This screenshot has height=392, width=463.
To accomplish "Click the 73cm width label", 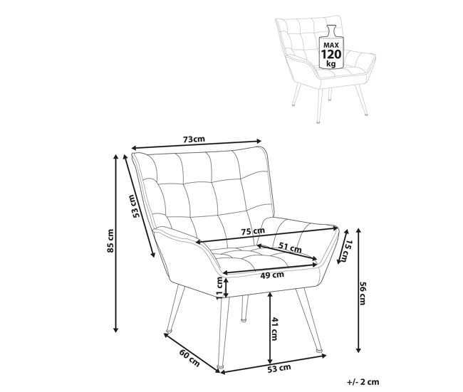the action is click(x=194, y=139).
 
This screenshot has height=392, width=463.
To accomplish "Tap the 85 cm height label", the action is click(x=110, y=240).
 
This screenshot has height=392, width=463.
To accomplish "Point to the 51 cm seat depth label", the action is click(x=290, y=248).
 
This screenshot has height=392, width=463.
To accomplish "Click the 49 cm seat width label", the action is click(x=272, y=275).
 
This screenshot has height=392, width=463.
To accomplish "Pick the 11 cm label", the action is click(x=219, y=288).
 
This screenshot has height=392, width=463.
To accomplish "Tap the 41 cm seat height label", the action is click(x=274, y=329).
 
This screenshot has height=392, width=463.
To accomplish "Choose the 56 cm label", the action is click(x=363, y=293).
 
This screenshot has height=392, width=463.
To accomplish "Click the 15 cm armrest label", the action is click(x=346, y=250).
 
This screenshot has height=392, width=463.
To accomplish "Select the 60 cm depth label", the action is click(x=189, y=358).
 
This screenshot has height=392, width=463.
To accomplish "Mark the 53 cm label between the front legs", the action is click(x=279, y=368).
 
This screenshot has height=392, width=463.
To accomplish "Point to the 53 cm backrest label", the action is click(x=134, y=206).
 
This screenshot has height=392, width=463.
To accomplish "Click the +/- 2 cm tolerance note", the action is click(x=363, y=382).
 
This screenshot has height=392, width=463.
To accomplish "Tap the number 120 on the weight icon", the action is click(x=331, y=54).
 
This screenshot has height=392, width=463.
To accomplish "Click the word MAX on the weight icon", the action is click(x=331, y=45).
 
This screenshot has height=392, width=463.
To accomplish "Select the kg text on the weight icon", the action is click(x=331, y=64).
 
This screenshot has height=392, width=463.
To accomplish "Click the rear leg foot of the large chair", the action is click(x=244, y=319).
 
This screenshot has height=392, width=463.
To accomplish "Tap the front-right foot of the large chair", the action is click(x=320, y=351).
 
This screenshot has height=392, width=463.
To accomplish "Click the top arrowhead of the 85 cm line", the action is click(x=116, y=157).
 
